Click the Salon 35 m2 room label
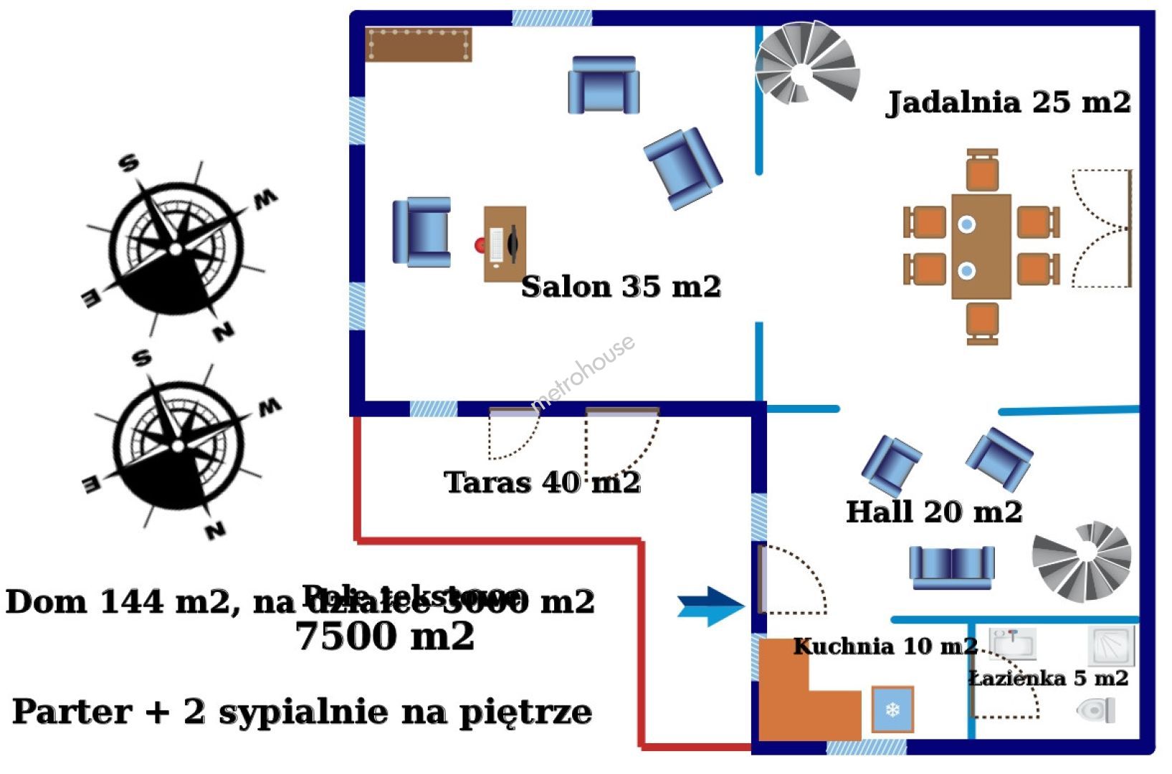tap(620, 287)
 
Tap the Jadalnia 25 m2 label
tap(1009, 102)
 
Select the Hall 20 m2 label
tap(933, 512)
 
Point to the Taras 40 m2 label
tap(542, 482)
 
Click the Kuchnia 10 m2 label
tap(885, 646)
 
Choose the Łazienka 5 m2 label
tap(1049, 678)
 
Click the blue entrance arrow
tap(711, 606)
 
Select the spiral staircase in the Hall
tap(1082, 560)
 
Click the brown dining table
tap(981, 247)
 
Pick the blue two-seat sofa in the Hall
tap(951, 567)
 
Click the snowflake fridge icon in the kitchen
tap(892, 709)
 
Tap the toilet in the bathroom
tap(1096, 710)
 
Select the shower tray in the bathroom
tap(1110, 645)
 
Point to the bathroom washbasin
tap(1012, 643)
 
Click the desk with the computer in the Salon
tap(505, 244)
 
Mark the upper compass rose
tap(176, 247)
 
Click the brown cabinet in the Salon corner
tap(419, 44)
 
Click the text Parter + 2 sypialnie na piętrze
tap(302, 712)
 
